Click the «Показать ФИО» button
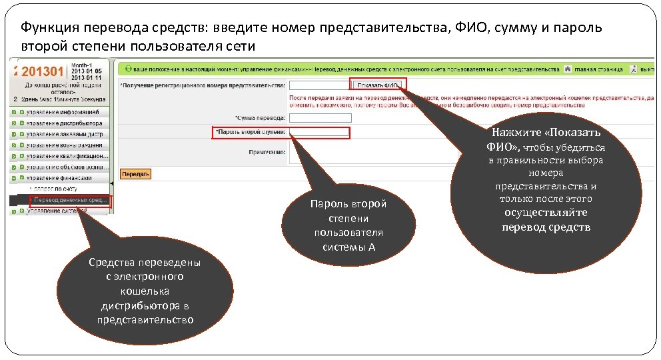tap(377, 85)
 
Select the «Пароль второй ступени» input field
tap(319, 132)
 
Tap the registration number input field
tap(317, 85)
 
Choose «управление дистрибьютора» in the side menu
tap(63, 123)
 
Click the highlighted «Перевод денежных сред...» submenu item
tap(71, 200)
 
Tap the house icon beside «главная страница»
tap(567, 69)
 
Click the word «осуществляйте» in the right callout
tap(546, 213)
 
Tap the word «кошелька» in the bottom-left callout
tap(145, 291)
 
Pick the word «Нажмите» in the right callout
tap(518, 131)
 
